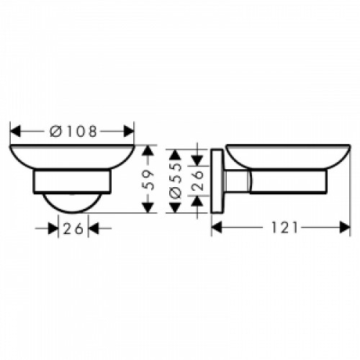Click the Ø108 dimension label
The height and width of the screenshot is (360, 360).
[73, 132]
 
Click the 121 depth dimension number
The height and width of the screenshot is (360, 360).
[286, 228]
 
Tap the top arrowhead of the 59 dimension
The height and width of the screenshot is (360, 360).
[148, 150]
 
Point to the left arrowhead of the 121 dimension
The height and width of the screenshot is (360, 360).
[218, 228]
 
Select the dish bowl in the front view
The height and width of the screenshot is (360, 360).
[72, 158]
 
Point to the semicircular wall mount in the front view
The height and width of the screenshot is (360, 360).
[72, 202]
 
